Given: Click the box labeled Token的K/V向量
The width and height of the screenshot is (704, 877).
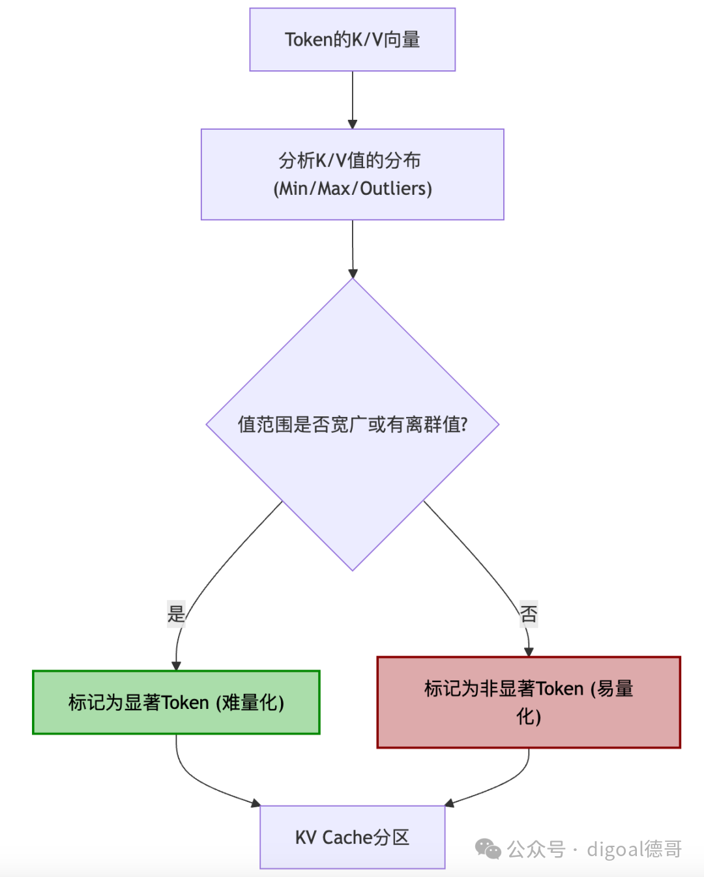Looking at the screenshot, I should coord(352,40).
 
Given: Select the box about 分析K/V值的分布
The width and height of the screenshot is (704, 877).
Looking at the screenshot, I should coord(352,160).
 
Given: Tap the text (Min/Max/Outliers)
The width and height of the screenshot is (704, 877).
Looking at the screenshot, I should coord(352,189).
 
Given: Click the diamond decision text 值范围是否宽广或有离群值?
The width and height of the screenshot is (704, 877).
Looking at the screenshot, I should coord(352,425).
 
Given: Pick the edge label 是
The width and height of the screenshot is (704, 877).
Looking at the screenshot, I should coord(176,614).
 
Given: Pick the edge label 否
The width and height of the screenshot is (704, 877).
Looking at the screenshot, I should coord(528,614).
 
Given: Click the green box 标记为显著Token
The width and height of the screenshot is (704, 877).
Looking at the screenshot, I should coord(176,702).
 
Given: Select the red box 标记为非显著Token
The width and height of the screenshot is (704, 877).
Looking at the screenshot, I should coord(528,702).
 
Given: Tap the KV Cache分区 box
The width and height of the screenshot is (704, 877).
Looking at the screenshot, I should coord(352,837).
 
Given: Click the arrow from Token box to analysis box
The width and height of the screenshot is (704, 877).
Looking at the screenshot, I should coord(352,98).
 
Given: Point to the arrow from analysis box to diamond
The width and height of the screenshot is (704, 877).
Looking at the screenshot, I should coord(352,248).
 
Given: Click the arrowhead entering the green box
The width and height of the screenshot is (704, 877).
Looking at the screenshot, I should coord(176,665).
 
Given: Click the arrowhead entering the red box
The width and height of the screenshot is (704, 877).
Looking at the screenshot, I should coord(529,652).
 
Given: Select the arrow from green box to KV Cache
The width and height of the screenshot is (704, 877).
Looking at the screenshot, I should coord(202,782).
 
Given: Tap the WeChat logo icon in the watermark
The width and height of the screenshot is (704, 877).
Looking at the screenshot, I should coord(488,849).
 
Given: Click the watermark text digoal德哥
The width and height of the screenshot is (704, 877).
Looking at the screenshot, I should coord(634,849).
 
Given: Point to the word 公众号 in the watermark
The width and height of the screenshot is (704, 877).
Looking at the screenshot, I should coord(536,849).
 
